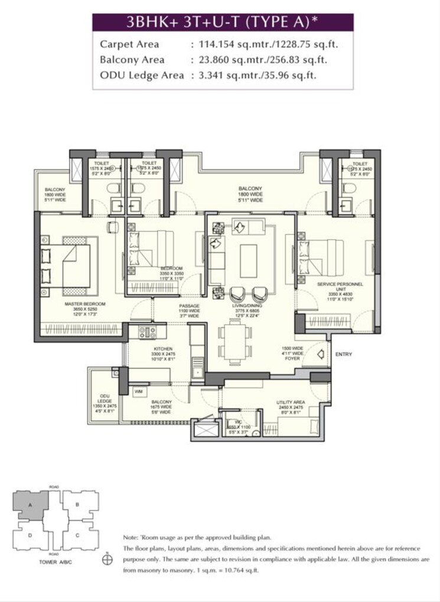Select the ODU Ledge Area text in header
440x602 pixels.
coord(142,75)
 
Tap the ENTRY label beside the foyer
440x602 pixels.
coord(344,354)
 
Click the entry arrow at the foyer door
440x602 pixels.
coord(321,354)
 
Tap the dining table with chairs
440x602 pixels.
coord(232,342)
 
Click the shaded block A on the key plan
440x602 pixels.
coord(30,505)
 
